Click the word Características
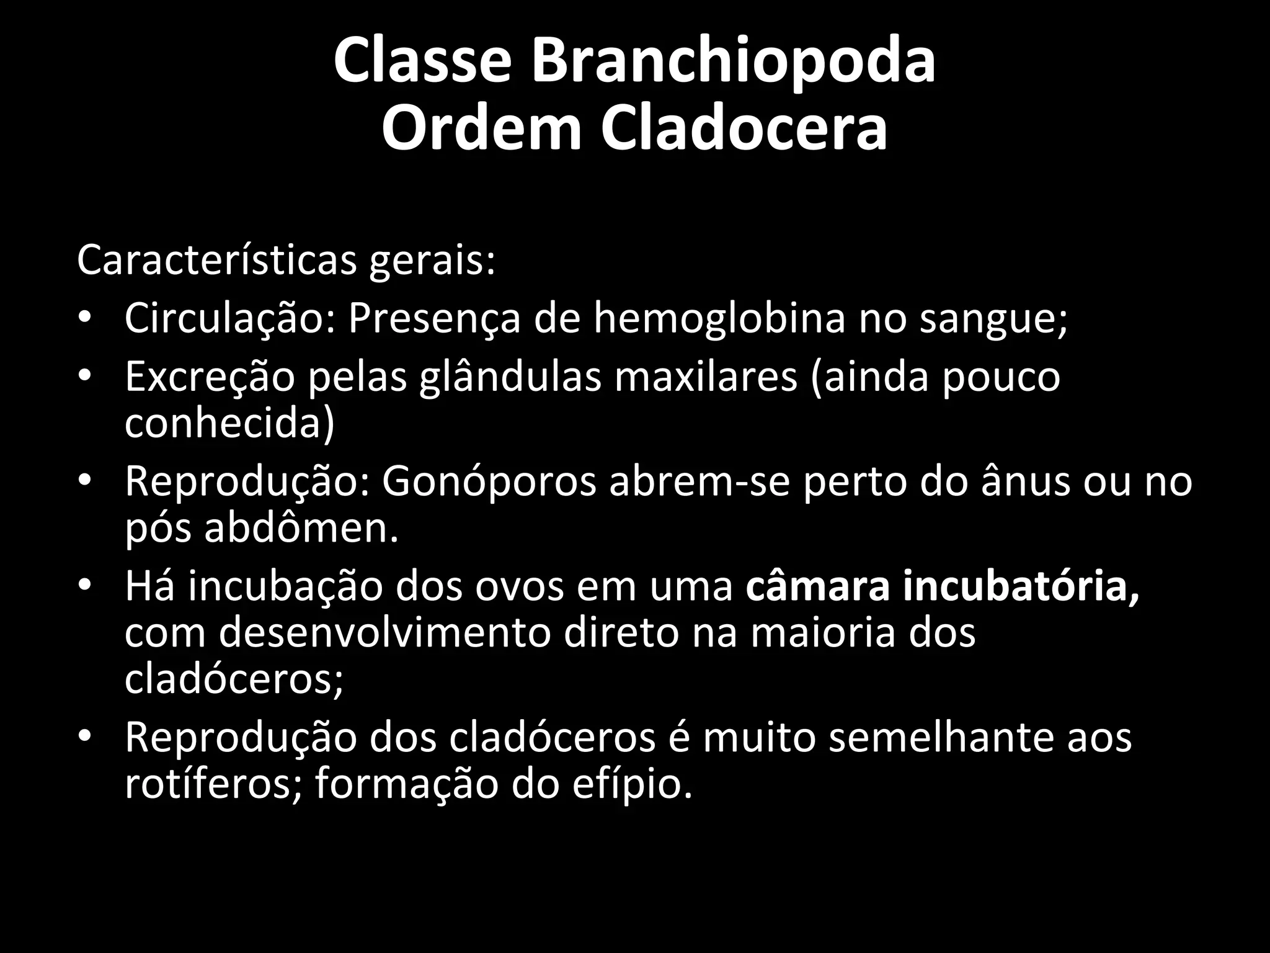pos(216,261)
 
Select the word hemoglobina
pos(719,319)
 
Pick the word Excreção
pos(210,377)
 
